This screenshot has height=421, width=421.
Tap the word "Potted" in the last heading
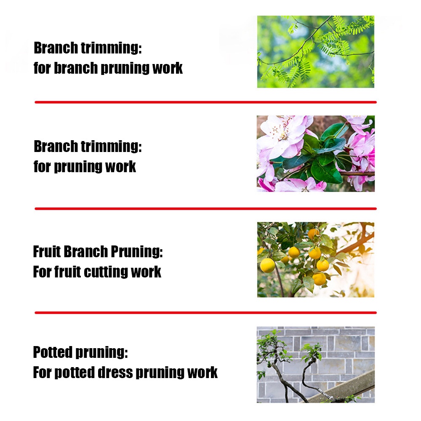53,352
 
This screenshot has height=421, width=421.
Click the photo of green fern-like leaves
315,51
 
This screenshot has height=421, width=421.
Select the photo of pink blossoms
315,154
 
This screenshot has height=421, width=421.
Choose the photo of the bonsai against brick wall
315,365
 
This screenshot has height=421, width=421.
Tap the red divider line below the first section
206,102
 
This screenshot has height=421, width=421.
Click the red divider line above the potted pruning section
206,312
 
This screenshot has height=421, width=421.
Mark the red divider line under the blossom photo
206,209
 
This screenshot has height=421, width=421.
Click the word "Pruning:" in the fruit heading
137,252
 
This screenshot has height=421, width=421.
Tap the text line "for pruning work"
85,166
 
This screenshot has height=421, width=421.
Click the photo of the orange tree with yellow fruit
315,260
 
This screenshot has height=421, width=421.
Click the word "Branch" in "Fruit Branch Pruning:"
86,252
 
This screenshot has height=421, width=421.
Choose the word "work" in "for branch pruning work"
167,67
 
